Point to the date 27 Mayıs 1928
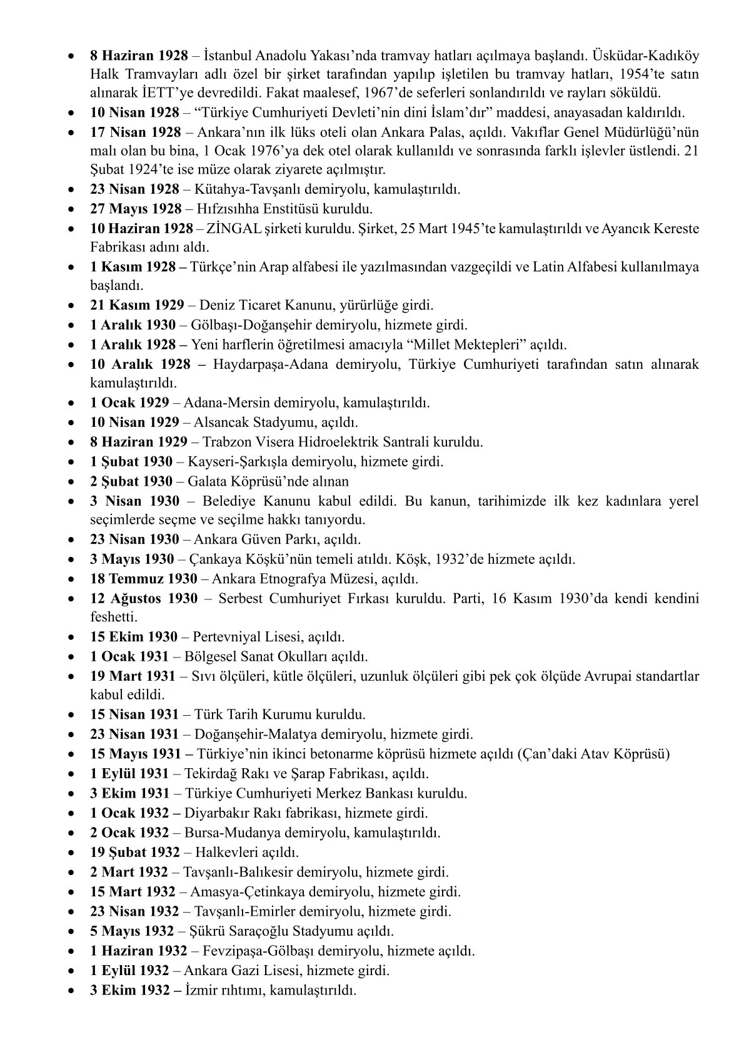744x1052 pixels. pyautogui.click(x=136, y=209)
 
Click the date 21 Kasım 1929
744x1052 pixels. pyautogui.click(x=137, y=305)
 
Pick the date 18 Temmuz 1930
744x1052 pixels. pyautogui.click(x=143, y=579)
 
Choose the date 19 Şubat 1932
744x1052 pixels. pyautogui.click(x=135, y=852)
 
